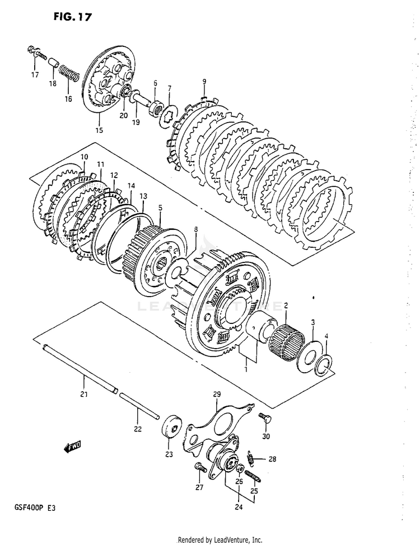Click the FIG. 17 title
73,17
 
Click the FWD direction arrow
73,446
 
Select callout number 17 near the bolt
35,75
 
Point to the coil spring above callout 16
68,74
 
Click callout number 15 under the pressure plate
99,131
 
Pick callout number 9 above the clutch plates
204,82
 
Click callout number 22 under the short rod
138,429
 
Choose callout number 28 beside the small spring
272,459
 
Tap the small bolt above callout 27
198,467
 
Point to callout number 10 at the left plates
84,157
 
